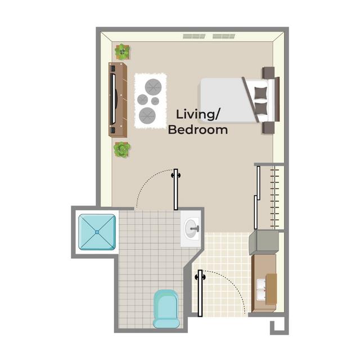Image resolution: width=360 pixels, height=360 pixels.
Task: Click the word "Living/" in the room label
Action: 197,114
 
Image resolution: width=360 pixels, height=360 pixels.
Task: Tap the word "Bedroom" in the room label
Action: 198,130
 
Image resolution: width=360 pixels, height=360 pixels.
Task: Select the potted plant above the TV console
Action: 123,52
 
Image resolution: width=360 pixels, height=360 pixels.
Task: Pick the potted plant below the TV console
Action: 122,150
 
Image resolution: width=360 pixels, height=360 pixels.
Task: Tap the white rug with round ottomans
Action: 150,101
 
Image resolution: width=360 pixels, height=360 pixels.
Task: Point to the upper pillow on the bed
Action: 260,91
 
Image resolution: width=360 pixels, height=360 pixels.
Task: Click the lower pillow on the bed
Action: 260,108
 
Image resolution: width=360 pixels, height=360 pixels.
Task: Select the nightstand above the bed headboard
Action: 268,73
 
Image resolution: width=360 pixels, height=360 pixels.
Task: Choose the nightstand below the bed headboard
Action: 268,128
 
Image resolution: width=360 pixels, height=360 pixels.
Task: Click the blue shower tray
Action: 97,231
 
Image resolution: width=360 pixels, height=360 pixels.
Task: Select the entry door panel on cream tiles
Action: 199,292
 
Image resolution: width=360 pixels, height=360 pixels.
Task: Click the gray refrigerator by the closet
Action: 264,242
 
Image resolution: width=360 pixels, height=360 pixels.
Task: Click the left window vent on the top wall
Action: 194,37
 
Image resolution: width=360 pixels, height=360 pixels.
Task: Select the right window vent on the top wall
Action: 223,37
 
